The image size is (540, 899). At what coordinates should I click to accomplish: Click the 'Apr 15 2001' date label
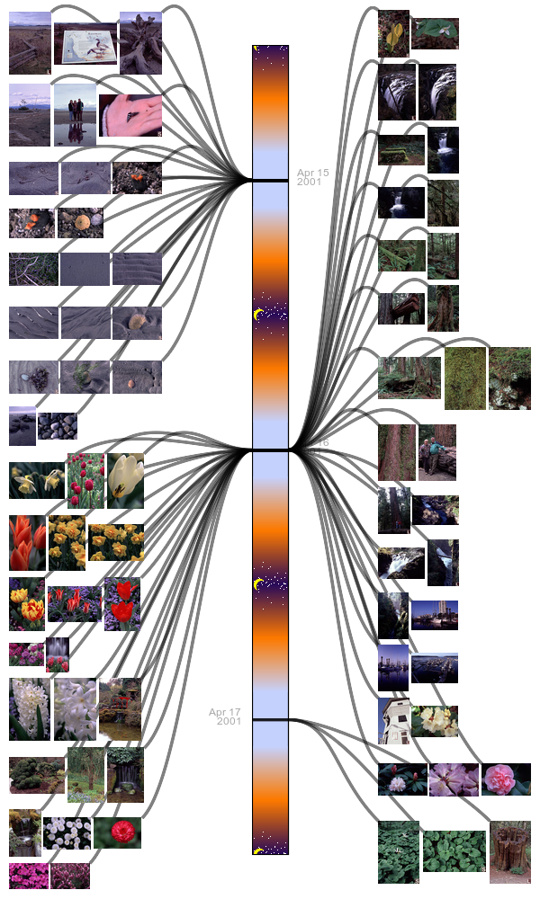[311, 177]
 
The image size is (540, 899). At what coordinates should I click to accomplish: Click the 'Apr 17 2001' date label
[225, 717]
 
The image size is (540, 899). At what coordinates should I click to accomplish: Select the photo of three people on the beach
[75, 114]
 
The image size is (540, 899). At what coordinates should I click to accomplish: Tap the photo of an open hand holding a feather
[130, 115]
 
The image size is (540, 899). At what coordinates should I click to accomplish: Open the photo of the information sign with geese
[85, 44]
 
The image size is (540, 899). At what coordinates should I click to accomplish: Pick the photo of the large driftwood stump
[140, 42]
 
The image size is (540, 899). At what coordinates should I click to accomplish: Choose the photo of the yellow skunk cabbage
[393, 33]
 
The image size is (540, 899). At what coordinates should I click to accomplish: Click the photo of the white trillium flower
[436, 33]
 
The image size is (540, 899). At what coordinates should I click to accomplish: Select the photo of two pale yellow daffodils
[36, 480]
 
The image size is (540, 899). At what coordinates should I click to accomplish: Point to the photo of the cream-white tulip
[125, 480]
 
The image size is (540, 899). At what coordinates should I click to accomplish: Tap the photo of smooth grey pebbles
[57, 426]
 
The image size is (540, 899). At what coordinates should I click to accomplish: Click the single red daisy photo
[117, 832]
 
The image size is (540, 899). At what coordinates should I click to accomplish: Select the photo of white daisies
[67, 832]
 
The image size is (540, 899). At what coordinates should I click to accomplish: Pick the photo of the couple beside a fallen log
[437, 452]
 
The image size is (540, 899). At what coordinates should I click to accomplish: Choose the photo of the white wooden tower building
[394, 721]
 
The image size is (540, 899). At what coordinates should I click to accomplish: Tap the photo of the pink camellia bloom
[506, 779]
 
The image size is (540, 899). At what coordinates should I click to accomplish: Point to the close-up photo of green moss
[464, 378]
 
